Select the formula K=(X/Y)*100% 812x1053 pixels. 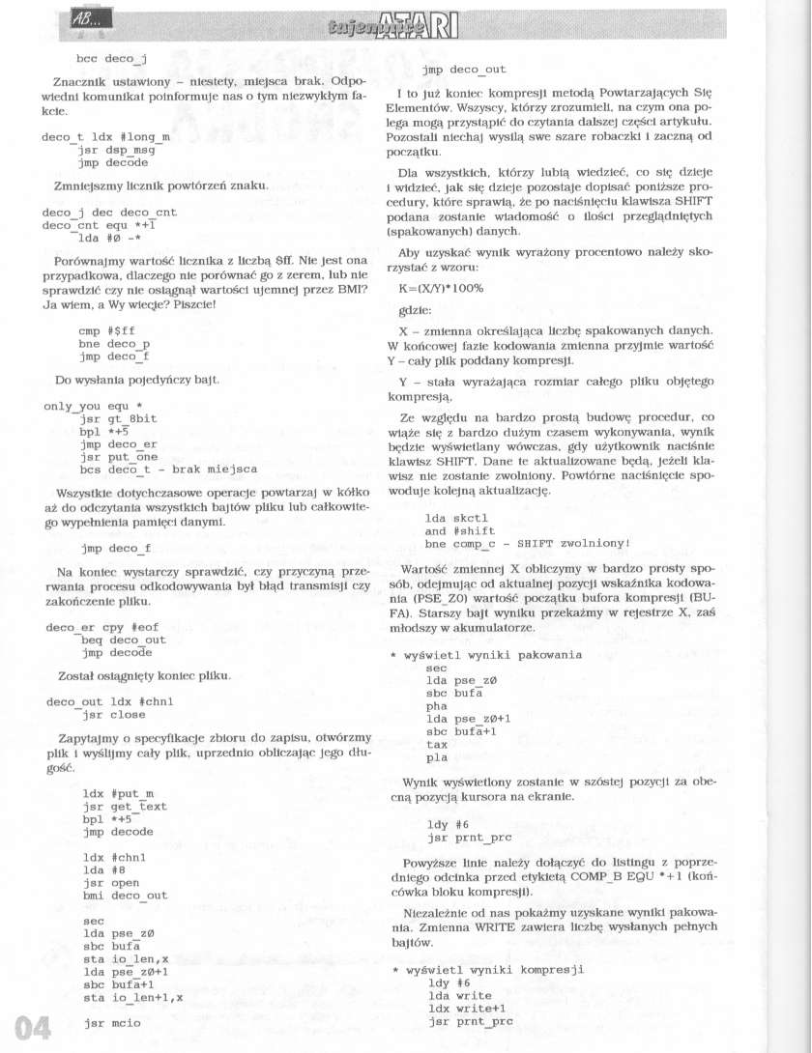point(441,288)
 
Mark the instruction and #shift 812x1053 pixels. point(460,530)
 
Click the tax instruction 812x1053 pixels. point(437,745)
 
